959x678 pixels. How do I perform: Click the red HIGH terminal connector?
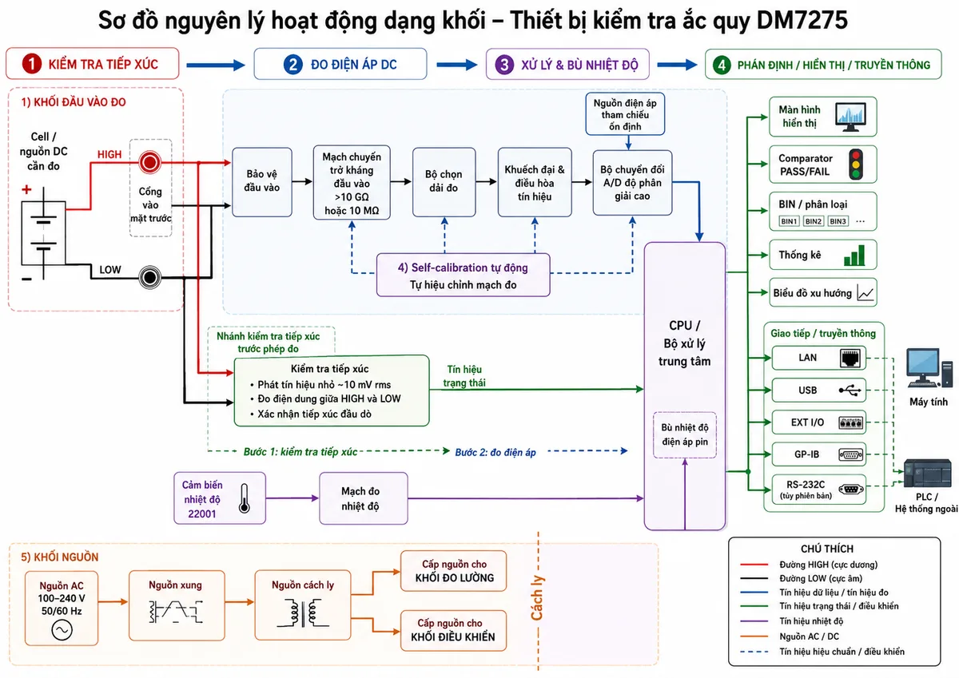149,163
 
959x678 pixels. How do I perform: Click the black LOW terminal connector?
150,277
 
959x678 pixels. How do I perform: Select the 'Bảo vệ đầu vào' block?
262,182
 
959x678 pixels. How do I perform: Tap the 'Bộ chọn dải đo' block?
444,182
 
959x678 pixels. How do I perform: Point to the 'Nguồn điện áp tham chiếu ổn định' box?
625,114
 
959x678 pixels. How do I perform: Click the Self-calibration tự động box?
464,275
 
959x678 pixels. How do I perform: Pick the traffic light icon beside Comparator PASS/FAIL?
856,165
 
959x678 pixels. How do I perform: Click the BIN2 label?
813,221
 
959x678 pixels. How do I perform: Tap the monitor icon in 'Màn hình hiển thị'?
850,117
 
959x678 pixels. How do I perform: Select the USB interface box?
818,391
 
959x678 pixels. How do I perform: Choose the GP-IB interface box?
818,454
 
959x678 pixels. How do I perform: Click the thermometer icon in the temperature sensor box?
244,498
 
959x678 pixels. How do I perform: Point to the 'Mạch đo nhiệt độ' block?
364,498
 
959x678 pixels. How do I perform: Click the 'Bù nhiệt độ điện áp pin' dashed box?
685,434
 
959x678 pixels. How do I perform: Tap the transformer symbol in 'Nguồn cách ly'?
303,613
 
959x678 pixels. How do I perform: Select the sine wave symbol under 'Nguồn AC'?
62,630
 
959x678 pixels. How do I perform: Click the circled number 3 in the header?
505,65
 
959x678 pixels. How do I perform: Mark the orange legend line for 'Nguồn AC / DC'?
754,636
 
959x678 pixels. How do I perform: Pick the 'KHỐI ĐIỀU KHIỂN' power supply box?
453,631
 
